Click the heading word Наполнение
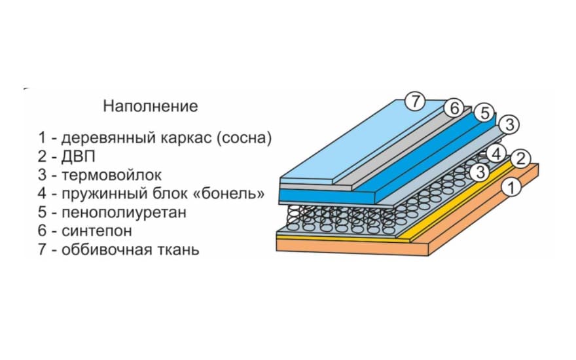(x=150, y=105)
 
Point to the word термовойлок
(x=111, y=175)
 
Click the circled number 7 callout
(x=415, y=101)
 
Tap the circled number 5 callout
(x=482, y=113)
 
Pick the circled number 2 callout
(x=519, y=158)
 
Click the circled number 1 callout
(x=512, y=189)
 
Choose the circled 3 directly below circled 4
(x=480, y=172)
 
